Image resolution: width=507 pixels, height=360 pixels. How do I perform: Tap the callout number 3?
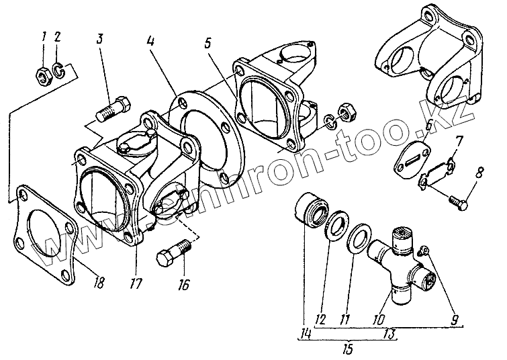click(x=99, y=38)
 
